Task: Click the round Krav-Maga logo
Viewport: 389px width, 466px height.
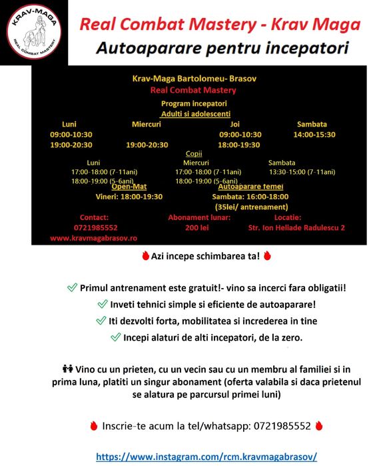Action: coord(33,33)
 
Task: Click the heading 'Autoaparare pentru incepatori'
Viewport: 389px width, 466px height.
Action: coord(222,49)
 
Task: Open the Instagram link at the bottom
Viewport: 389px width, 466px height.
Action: coord(206,457)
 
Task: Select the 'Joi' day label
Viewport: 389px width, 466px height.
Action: coord(234,124)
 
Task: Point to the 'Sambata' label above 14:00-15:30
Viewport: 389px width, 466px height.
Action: coord(312,124)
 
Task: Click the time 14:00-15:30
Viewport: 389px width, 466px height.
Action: coord(314,135)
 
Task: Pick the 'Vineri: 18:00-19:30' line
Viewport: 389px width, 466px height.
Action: coord(129,197)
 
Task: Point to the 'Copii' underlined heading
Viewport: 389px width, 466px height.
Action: coord(194,153)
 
